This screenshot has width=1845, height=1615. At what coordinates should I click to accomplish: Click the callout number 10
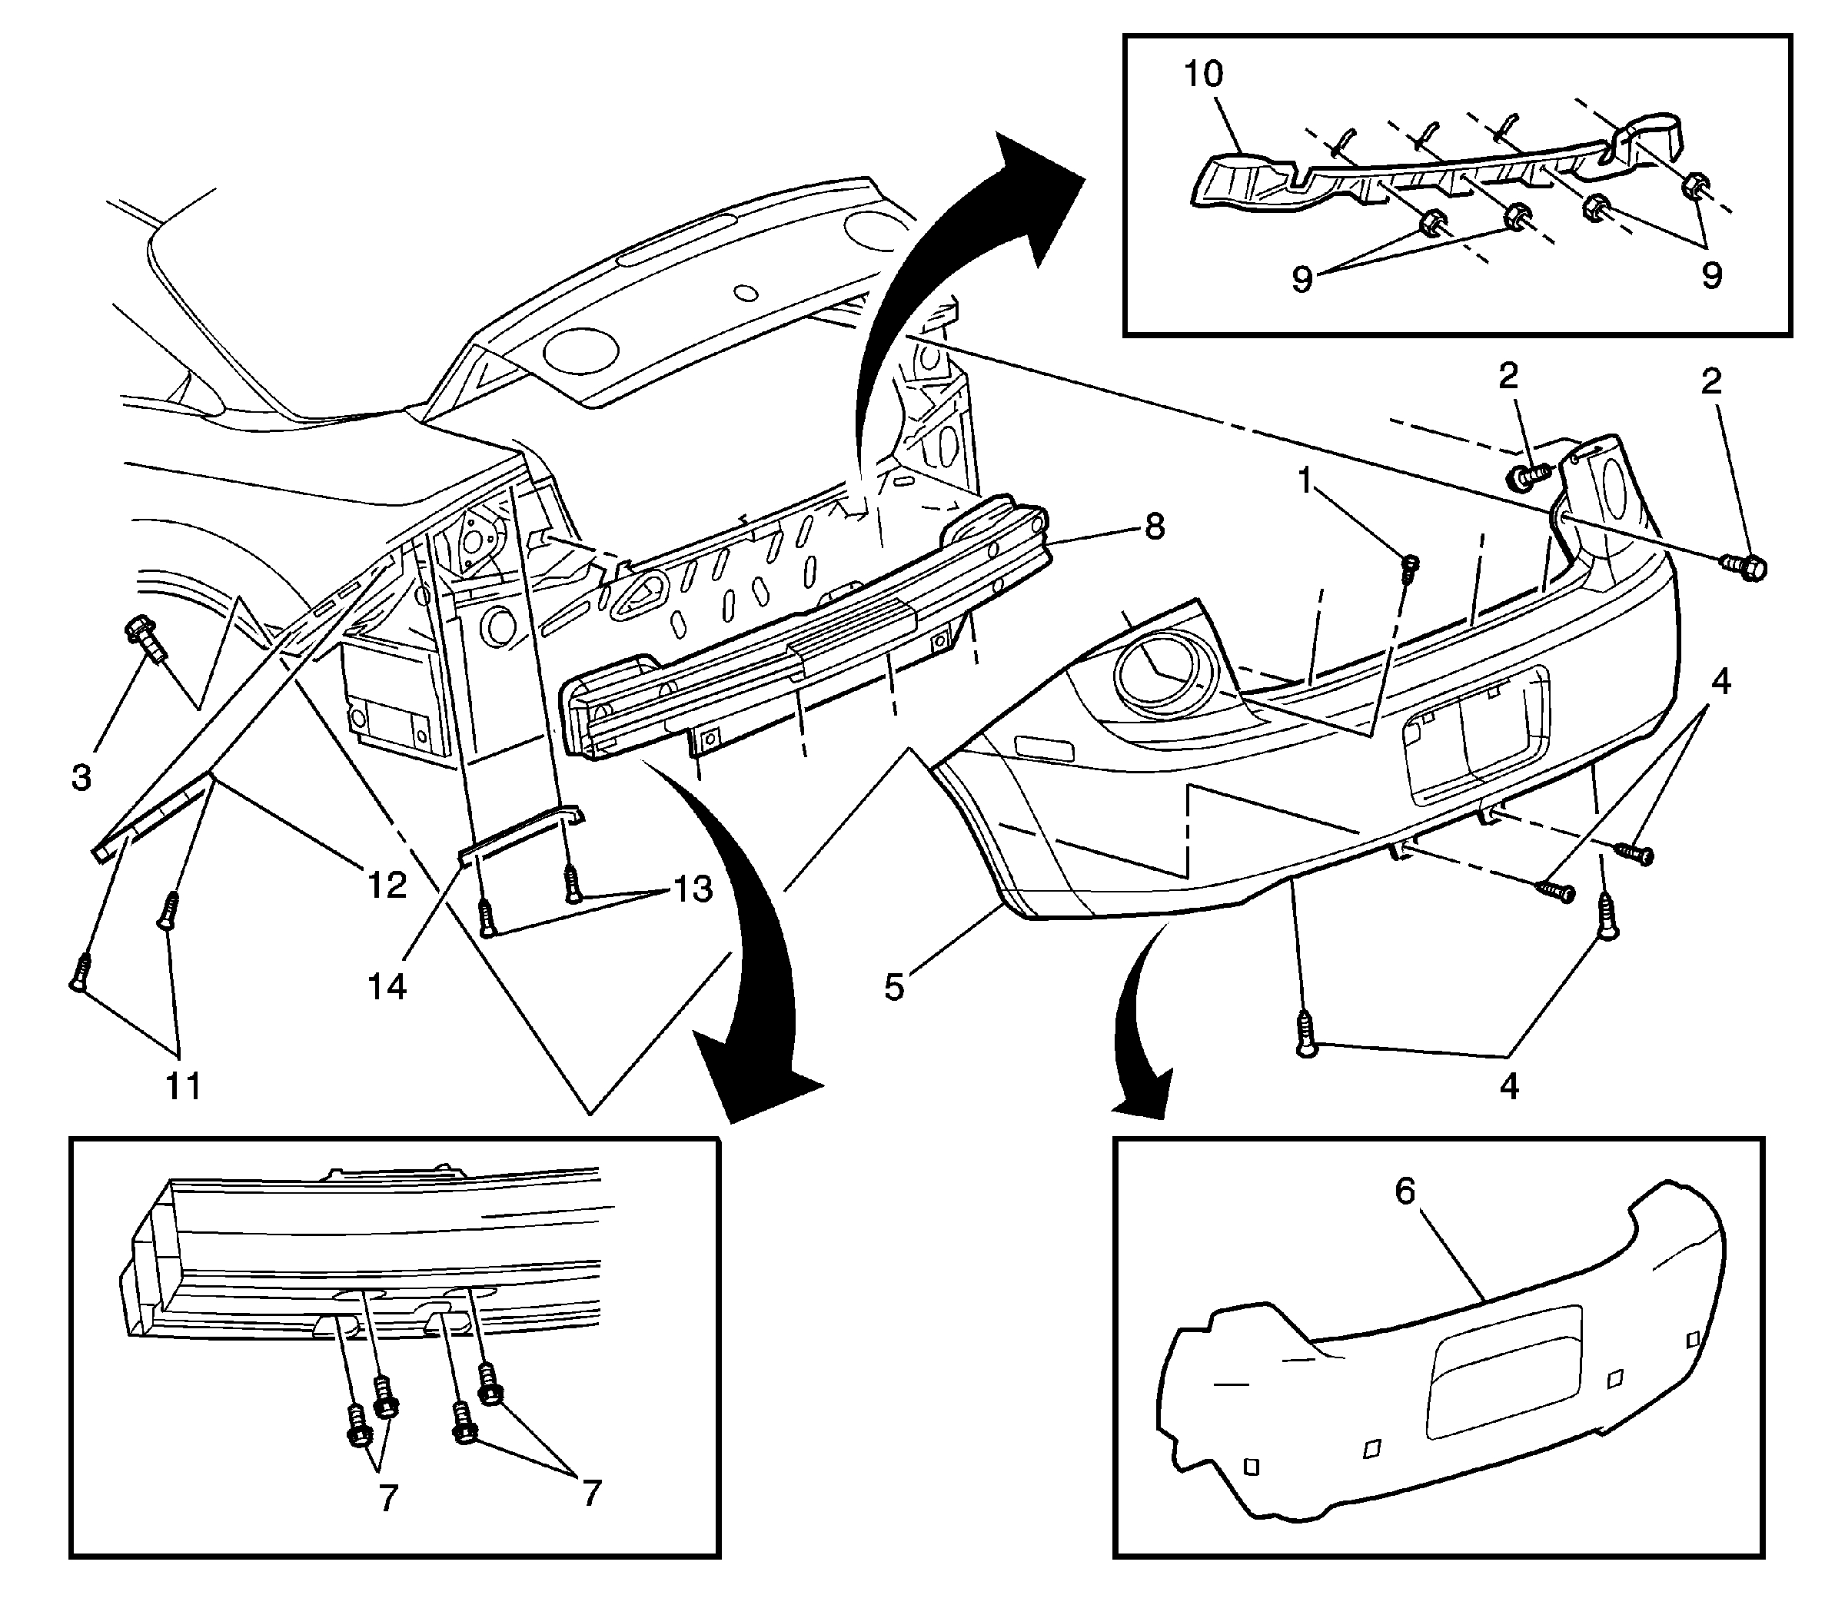tap(1203, 75)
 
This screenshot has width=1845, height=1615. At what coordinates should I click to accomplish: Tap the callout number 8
tap(1155, 526)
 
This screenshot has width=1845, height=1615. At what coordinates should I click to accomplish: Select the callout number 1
tap(1305, 482)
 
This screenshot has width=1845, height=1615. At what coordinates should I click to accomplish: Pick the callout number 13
tap(691, 889)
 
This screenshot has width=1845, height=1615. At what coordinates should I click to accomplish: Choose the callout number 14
tap(387, 987)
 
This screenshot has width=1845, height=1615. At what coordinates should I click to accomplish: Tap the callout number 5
tap(893, 987)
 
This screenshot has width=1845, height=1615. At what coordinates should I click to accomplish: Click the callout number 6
tap(1405, 1191)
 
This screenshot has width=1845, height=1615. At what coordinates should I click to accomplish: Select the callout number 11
tap(183, 1086)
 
